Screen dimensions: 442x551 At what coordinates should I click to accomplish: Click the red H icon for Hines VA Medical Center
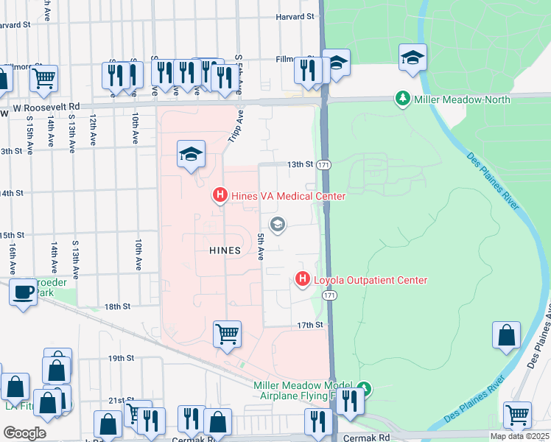coord(219,195)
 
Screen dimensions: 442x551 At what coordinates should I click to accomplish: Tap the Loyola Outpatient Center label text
coord(371,280)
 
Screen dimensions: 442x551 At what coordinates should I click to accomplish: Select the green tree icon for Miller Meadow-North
coord(402,99)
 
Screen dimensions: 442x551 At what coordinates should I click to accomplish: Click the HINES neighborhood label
coord(225,250)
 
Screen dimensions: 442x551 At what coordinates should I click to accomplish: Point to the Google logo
coord(24,433)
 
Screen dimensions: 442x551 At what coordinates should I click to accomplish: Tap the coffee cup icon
coord(23,292)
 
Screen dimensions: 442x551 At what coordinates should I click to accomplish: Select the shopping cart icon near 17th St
coord(228,334)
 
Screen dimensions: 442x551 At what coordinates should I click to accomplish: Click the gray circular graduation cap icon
coord(278,225)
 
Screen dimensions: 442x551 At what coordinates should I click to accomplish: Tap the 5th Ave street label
coord(261,246)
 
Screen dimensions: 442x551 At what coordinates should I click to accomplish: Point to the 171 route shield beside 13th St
coord(324,166)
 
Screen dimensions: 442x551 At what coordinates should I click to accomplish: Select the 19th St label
coord(118,358)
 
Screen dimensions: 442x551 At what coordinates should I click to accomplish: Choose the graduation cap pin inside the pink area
coord(191,154)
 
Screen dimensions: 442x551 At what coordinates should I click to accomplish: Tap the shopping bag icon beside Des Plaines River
coord(506,335)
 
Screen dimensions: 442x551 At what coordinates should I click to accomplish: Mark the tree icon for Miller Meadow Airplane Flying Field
coord(364,387)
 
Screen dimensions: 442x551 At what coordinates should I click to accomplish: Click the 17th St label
coord(310,325)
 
